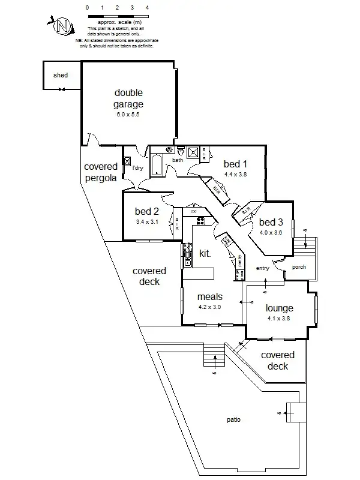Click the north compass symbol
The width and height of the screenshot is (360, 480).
(x=61, y=26)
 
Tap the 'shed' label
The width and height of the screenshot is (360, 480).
(x=61, y=75)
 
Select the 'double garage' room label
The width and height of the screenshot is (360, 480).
(x=129, y=98)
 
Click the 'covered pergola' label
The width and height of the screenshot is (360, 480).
(x=100, y=172)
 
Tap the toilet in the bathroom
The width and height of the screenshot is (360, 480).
(x=170, y=150)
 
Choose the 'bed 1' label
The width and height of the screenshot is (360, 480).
(x=235, y=164)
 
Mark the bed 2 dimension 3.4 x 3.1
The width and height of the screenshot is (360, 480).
(x=147, y=222)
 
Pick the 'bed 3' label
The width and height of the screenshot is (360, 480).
(x=271, y=223)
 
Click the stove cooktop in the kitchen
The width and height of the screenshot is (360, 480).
(x=202, y=221)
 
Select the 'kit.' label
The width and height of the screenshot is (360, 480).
(x=205, y=254)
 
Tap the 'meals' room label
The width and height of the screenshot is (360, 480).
(x=210, y=296)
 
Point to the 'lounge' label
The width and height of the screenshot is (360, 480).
(x=279, y=308)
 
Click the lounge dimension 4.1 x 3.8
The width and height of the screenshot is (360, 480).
(x=279, y=319)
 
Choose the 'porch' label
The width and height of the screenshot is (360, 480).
(x=299, y=267)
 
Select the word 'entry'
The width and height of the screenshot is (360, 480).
(x=262, y=268)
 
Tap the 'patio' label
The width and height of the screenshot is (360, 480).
(x=234, y=419)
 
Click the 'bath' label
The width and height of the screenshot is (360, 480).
(x=178, y=160)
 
